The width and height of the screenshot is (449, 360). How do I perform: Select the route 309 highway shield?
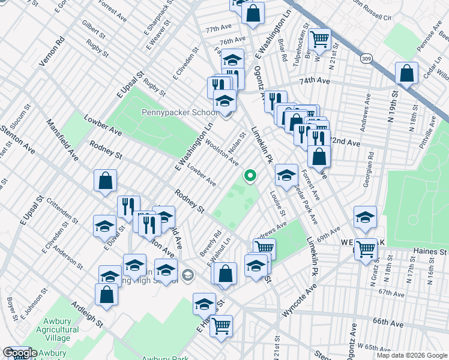(366, 59)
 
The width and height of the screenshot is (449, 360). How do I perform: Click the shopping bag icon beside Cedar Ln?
(406, 74)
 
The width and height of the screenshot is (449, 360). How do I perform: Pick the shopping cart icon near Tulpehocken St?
(319, 40)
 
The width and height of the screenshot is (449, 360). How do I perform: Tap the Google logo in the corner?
(20, 353)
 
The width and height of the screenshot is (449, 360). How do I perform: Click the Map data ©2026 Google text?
(412, 355)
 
